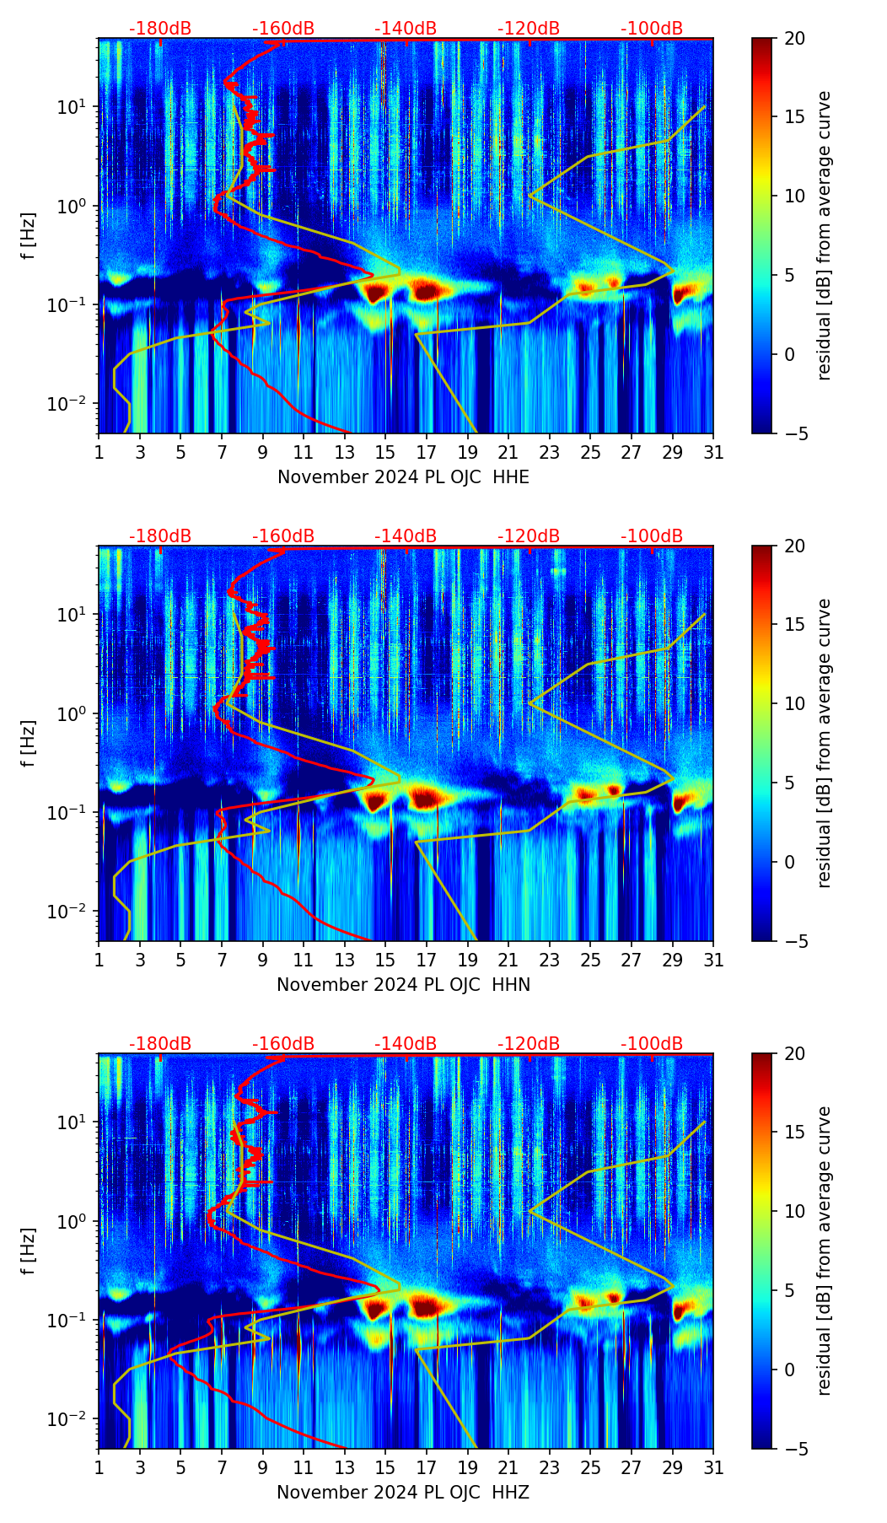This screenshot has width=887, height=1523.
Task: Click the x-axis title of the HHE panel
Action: click(403, 477)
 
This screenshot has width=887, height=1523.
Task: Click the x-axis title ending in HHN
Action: click(403, 985)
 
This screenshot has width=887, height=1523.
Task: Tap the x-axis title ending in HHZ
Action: click(403, 1493)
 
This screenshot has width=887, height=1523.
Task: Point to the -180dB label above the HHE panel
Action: click(160, 29)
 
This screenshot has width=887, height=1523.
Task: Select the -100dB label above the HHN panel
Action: click(652, 536)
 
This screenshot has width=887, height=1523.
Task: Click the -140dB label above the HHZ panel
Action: click(406, 1044)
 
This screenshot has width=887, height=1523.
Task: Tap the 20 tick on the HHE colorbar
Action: click(795, 38)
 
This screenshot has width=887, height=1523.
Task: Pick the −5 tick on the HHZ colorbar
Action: click(794, 1449)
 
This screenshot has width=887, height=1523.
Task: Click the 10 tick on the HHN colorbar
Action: click(795, 703)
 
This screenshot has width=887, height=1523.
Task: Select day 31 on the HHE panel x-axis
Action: click(713, 453)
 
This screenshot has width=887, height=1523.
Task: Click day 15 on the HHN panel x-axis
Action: click(385, 961)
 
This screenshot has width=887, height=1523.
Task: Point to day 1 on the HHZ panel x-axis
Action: click(99, 1468)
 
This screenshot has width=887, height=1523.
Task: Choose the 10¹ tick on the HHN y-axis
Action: click(73, 615)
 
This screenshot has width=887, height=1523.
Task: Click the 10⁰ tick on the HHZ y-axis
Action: click(73, 1221)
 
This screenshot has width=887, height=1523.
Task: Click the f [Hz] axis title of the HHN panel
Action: click(29, 743)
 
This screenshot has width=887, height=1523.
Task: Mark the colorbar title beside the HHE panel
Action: click(825, 235)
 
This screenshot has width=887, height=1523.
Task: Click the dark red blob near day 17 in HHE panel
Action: click(428, 291)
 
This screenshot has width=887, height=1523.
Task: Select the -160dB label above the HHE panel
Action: click(283, 29)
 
